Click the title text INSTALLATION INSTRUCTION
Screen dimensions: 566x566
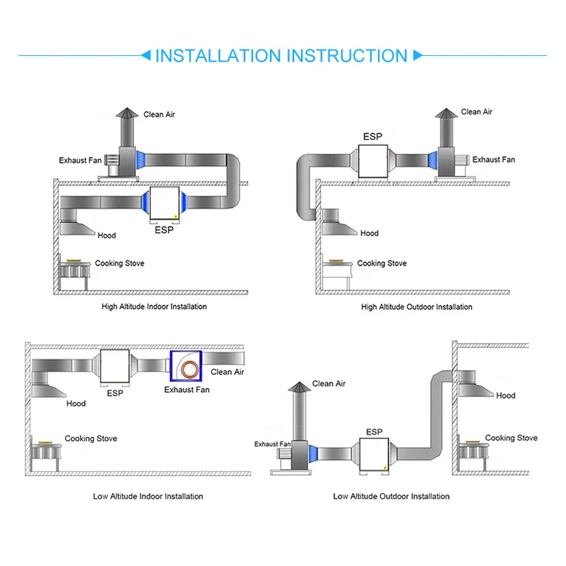point(281,56)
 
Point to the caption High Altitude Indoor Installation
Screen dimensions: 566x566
point(154,307)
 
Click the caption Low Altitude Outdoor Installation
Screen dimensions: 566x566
point(391,497)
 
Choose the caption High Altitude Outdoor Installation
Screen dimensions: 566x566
point(417,307)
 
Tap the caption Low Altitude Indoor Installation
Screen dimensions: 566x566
point(148,497)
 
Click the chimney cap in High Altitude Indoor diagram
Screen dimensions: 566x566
point(124,115)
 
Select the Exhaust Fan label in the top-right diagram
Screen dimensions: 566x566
point(494,160)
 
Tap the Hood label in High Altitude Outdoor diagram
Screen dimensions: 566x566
point(369,233)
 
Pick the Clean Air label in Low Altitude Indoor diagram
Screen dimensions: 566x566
point(227,371)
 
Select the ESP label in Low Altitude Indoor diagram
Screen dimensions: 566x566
point(115,393)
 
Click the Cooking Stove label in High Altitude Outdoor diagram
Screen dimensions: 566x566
point(381,263)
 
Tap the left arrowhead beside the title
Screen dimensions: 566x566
point(146,55)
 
